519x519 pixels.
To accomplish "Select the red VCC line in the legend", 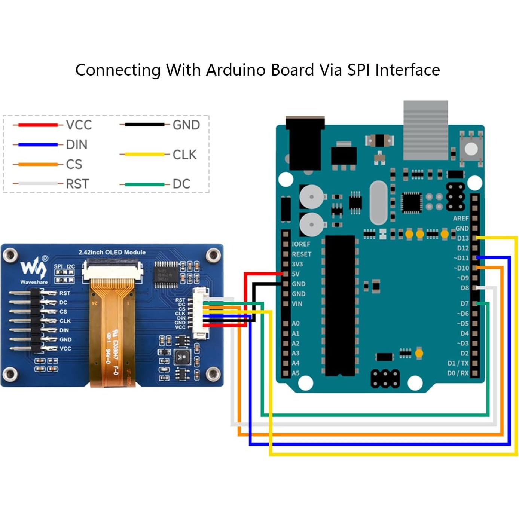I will coord(38,125).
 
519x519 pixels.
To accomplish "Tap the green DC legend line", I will coord(144,184).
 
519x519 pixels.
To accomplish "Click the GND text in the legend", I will coord(186,125).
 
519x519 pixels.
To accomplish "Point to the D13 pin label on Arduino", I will coord(462,238).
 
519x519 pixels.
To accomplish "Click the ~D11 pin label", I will coord(461,258).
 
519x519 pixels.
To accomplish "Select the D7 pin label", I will coord(464,303).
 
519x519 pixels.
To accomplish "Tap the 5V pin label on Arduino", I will coord(295,274).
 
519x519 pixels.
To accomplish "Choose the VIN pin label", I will coord(297,304).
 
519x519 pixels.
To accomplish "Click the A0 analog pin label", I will coord(295,323).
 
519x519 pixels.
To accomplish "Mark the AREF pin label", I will coord(460,218).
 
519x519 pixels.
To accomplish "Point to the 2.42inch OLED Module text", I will coord(112,252).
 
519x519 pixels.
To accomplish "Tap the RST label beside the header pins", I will coord(64,293).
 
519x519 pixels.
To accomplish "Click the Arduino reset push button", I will coord(471,149).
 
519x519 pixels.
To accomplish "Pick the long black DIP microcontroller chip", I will coord(340,305).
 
